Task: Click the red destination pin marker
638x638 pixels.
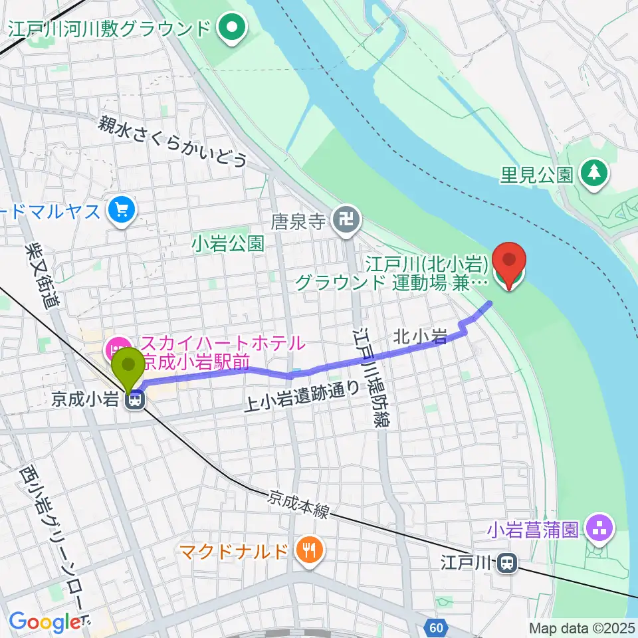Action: pyautogui.click(x=509, y=263)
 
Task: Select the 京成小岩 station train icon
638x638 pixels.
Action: pyautogui.click(x=136, y=399)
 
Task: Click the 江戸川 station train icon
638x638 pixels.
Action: pyautogui.click(x=507, y=564)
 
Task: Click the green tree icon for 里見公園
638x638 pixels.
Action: pyautogui.click(x=593, y=173)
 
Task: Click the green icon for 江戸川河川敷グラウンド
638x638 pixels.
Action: pyautogui.click(x=233, y=29)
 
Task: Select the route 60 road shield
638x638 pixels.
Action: pyautogui.click(x=435, y=627)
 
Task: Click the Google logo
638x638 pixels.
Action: pyautogui.click(x=45, y=622)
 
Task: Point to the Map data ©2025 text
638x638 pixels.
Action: pyautogui.click(x=582, y=627)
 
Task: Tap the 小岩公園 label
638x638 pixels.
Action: pyautogui.click(x=227, y=243)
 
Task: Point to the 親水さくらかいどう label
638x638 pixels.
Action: pyautogui.click(x=173, y=142)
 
